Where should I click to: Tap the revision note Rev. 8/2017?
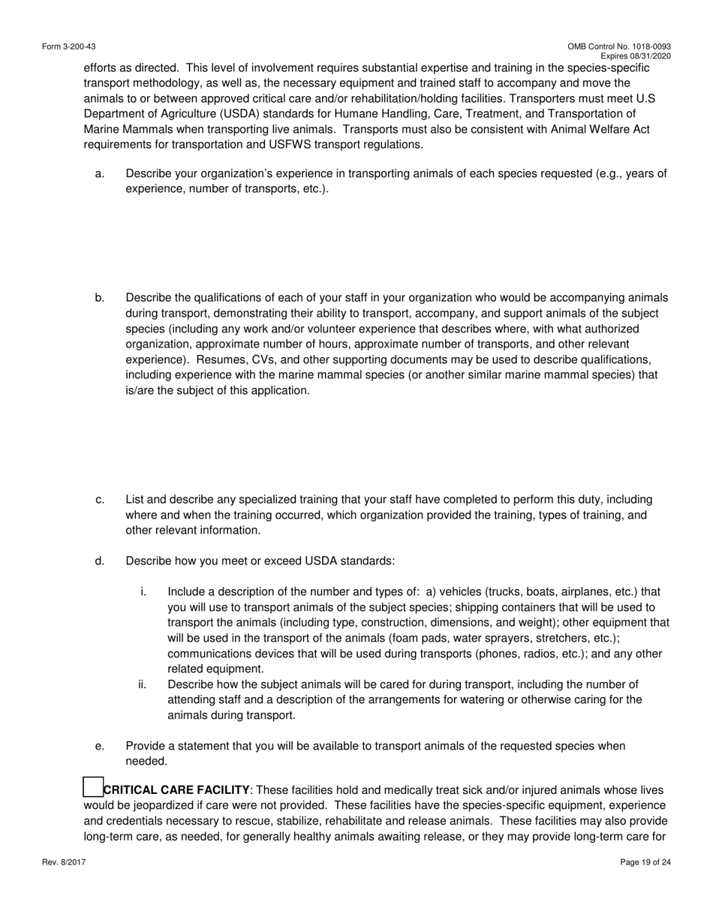coord(64,863)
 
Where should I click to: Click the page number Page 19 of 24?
coord(645,863)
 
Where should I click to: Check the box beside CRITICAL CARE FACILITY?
coord(92,787)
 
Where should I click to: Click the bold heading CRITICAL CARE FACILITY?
coord(176,790)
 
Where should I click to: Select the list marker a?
coord(100,174)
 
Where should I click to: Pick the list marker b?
coord(100,298)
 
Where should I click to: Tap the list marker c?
coord(100,500)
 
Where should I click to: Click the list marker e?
coord(100,746)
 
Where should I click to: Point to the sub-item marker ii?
coord(143,684)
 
